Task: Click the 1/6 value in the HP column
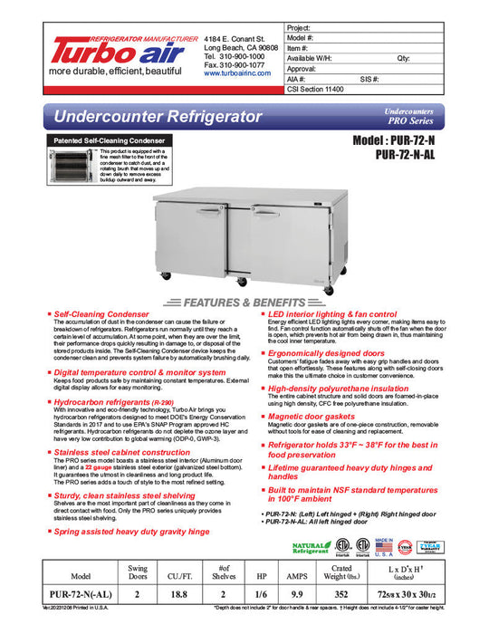pos(263,594)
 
